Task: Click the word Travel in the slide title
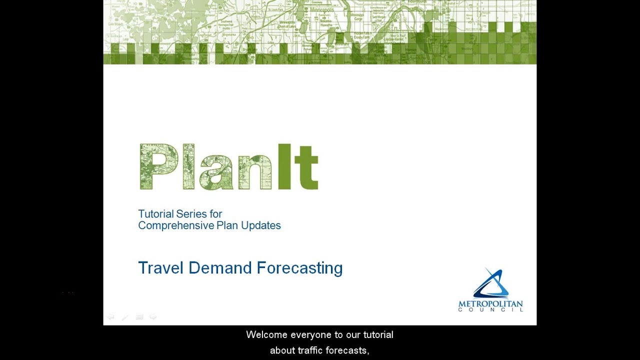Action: click(x=160, y=268)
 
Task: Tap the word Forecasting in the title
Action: click(x=299, y=268)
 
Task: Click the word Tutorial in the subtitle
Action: click(x=155, y=214)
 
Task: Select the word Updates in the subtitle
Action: click(x=261, y=225)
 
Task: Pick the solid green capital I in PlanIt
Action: click(x=284, y=167)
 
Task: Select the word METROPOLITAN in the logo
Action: click(x=490, y=304)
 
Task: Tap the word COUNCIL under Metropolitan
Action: click(x=490, y=310)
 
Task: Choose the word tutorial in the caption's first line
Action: click(x=378, y=334)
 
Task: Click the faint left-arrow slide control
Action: click(x=110, y=317)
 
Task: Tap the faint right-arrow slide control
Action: click(x=153, y=317)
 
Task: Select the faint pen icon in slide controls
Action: click(x=125, y=317)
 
